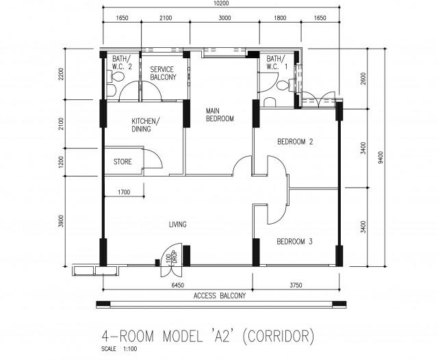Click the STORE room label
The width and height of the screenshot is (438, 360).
pyautogui.click(x=123, y=162)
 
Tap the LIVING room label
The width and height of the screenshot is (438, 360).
pyautogui.click(x=178, y=224)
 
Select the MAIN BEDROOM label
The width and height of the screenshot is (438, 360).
pyautogui.click(x=220, y=115)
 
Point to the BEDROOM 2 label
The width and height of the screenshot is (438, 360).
pyautogui.click(x=295, y=142)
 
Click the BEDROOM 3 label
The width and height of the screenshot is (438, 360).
pyautogui.click(x=294, y=242)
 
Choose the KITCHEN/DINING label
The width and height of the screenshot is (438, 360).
pyautogui.click(x=146, y=125)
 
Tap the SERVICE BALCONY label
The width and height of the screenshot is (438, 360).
pyautogui.click(x=163, y=73)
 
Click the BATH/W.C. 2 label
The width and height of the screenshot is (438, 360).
pyautogui.click(x=122, y=62)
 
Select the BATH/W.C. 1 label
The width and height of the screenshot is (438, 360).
pyautogui.click(x=276, y=62)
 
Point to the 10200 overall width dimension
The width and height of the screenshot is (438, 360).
pyautogui.click(x=221, y=3)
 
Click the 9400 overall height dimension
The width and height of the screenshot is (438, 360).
pyautogui.click(x=381, y=157)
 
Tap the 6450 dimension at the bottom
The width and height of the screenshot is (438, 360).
pyautogui.click(x=178, y=285)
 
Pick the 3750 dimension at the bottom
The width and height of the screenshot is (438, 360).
pyautogui.click(x=296, y=285)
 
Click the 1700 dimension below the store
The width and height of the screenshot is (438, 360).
pyautogui.click(x=124, y=192)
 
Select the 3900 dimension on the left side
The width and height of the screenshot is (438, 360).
pyautogui.click(x=61, y=221)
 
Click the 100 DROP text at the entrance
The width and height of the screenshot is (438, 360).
pyautogui.click(x=172, y=257)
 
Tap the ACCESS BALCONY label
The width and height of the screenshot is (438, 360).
pyautogui.click(x=220, y=296)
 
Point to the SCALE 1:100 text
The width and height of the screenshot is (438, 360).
pyautogui.click(x=119, y=349)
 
